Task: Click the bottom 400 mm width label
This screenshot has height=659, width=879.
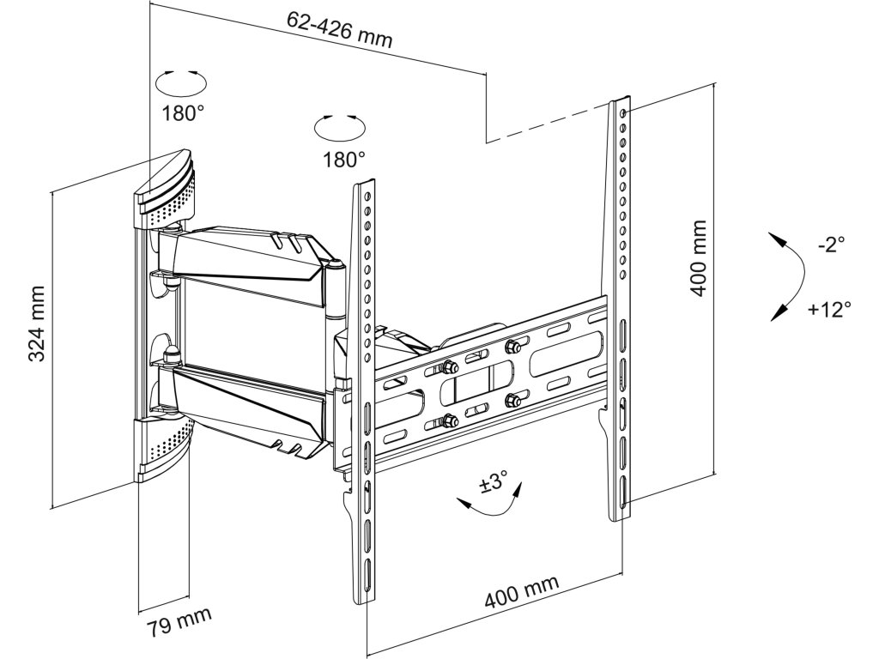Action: tap(522, 593)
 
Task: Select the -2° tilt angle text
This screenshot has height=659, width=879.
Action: tap(831, 245)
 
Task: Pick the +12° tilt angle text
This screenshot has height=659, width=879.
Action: tap(829, 309)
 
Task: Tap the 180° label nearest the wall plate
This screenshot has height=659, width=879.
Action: tap(182, 112)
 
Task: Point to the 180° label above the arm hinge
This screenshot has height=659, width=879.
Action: tap(343, 159)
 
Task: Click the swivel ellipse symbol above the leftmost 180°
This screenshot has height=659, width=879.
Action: tap(182, 83)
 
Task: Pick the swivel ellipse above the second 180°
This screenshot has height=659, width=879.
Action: tap(339, 128)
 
